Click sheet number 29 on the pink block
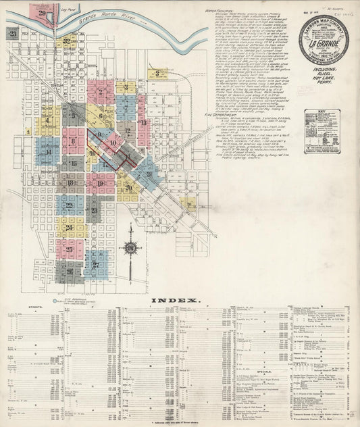point(43,13)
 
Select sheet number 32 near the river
point(66,42)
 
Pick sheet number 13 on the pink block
point(143,122)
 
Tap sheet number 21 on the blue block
point(149,174)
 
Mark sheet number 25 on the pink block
point(70,249)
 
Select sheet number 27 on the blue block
point(96,264)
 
